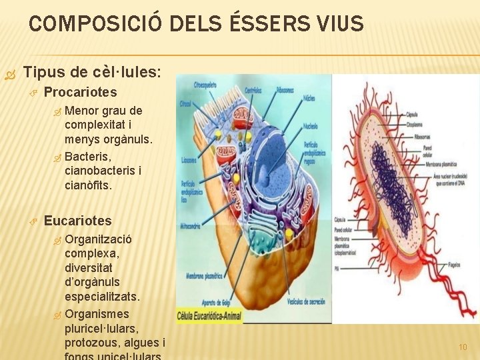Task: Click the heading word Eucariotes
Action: pos(77,221)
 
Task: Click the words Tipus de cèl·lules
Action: pos(92,71)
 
